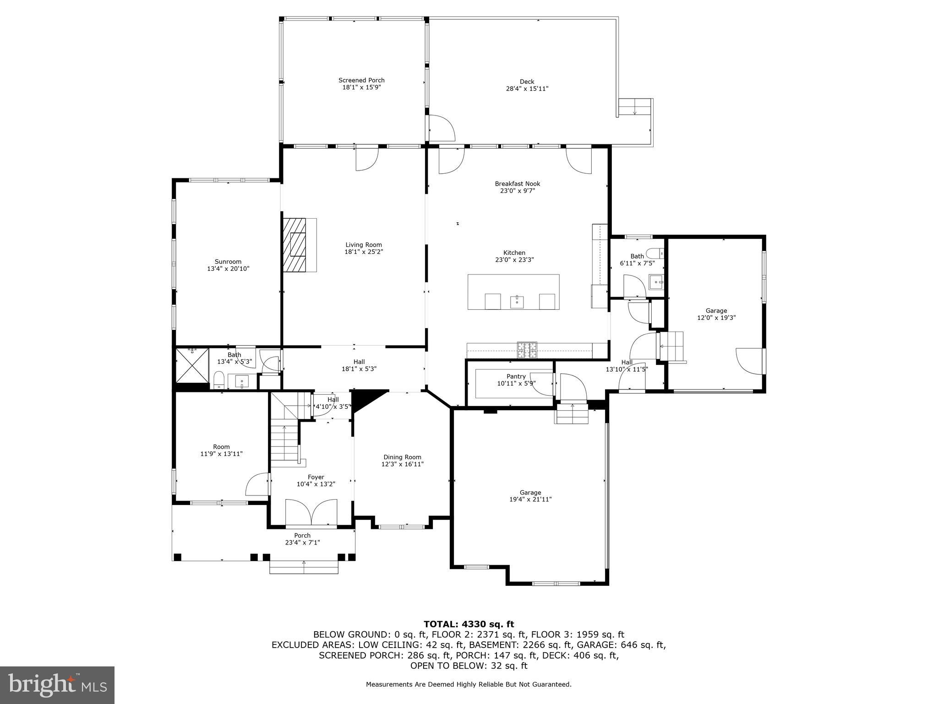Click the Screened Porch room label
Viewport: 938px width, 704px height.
[361, 80]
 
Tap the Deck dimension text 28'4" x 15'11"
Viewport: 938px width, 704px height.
[526, 89]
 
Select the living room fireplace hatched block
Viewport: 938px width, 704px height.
[294, 245]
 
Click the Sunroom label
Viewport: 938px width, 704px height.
[228, 262]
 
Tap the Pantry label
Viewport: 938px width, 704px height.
[516, 376]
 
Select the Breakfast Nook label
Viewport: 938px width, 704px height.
[517, 184]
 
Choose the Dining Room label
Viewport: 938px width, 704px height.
[402, 457]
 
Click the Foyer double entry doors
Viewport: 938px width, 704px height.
[311, 512]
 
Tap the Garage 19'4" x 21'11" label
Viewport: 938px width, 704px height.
[530, 493]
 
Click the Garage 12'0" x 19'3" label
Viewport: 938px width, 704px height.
[716, 311]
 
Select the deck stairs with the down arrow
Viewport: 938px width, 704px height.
[635, 107]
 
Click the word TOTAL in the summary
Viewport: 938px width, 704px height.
[442, 624]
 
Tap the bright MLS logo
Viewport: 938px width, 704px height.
[57, 685]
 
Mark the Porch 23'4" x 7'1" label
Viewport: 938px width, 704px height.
[302, 535]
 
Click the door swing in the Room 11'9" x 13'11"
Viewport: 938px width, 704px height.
[257, 485]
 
